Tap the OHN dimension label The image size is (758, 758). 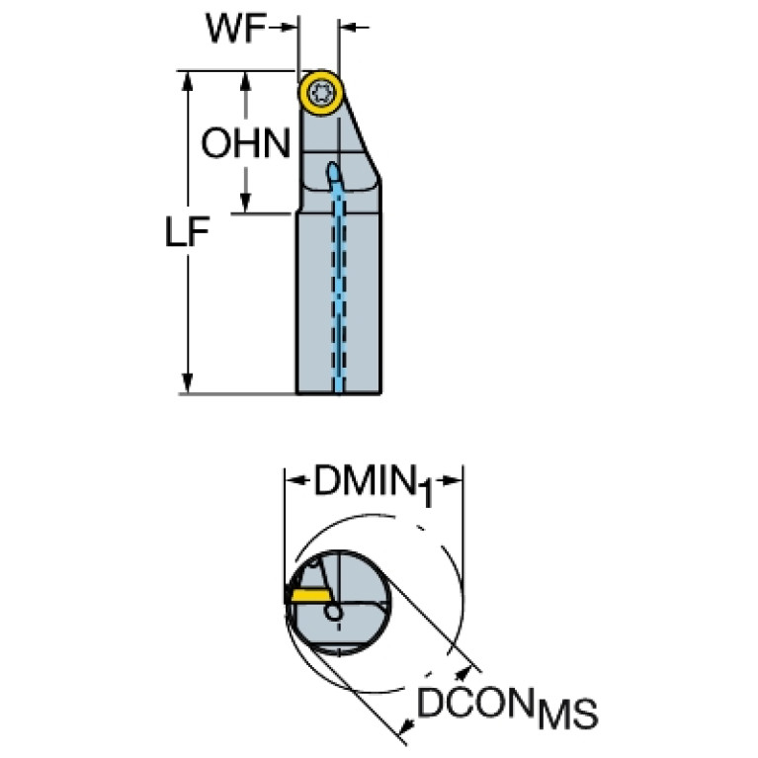(x=246, y=144)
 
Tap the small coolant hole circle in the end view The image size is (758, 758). (x=336, y=613)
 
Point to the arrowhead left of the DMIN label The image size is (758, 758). (x=294, y=483)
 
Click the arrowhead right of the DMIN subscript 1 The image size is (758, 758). (x=456, y=483)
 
